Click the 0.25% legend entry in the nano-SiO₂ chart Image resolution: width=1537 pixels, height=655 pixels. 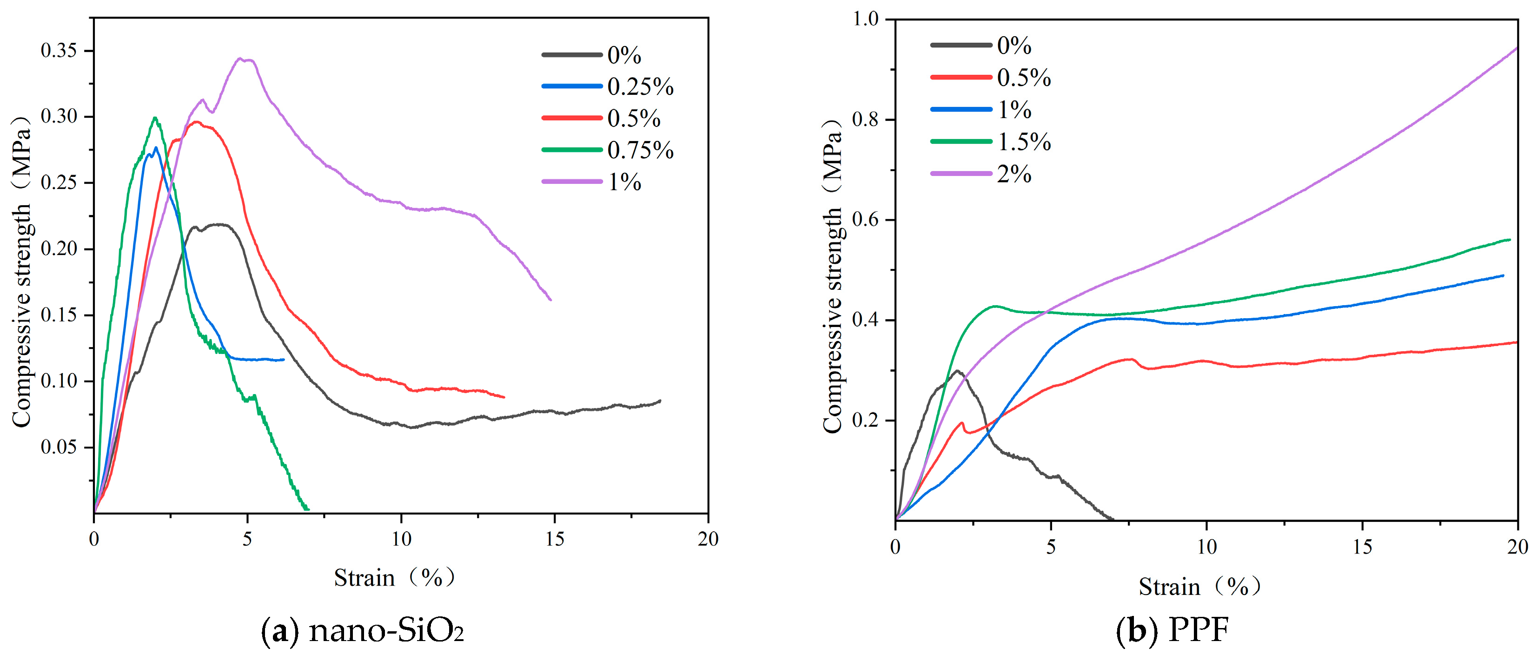coord(607,87)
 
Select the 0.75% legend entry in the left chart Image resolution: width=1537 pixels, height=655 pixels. coord(607,150)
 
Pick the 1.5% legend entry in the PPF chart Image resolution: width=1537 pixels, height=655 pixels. coord(990,141)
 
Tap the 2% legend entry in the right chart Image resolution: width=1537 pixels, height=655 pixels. coord(981,174)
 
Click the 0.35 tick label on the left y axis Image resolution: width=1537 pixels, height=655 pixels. coord(59,50)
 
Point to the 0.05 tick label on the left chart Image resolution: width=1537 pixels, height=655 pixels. coord(59,447)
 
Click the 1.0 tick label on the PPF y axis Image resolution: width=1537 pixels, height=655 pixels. coord(866,19)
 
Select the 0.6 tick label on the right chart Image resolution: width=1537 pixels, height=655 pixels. coord(866,219)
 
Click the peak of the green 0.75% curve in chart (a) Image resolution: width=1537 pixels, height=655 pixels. coord(155,118)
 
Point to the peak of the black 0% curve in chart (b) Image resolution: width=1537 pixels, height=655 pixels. coord(958,371)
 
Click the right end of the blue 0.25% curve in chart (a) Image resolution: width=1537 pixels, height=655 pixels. coord(284,360)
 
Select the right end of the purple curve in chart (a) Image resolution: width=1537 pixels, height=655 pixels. coord(550,300)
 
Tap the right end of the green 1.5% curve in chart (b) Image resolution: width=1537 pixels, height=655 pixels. coord(1510,240)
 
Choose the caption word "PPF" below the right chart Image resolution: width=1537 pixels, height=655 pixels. coord(1198,630)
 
